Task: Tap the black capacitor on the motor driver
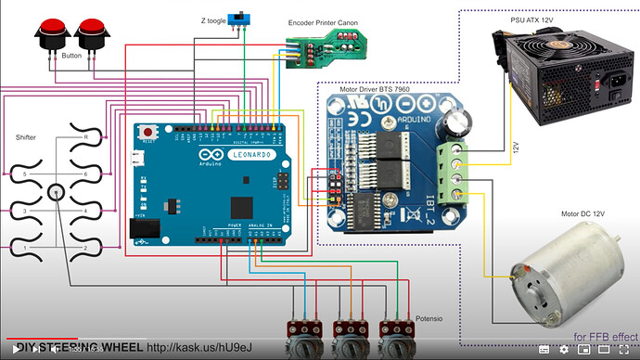(458, 123)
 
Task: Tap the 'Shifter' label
(26, 137)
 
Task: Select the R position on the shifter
(85, 136)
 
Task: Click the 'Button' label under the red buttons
(71, 56)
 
